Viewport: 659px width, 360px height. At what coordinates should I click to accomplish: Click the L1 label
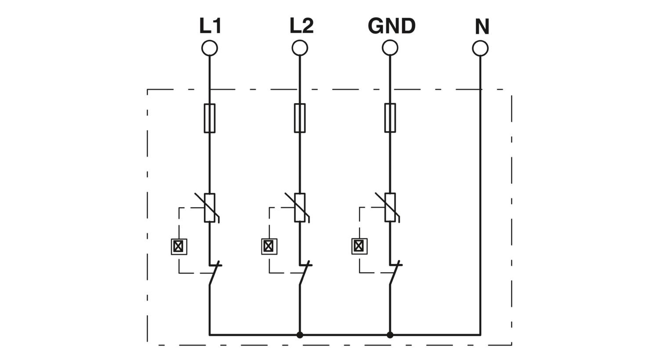coord(210,26)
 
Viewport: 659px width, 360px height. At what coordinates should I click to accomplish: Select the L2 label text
coord(301,26)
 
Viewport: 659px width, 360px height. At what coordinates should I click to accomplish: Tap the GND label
coord(391,26)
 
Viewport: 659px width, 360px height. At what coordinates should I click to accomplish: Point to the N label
coord(482,27)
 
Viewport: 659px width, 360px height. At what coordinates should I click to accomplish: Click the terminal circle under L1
coord(210,48)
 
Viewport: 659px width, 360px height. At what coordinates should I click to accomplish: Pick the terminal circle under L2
coord(300,48)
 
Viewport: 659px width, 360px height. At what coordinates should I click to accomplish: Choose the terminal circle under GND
coord(390,48)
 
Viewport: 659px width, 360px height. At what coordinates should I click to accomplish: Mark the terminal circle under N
coord(481,48)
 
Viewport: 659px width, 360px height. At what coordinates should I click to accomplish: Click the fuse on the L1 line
coord(210,118)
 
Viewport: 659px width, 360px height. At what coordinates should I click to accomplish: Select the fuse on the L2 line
coord(300,118)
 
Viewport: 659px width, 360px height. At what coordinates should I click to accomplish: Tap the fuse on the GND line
coord(390,118)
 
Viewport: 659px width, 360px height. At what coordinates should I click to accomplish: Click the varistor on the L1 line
coord(210,208)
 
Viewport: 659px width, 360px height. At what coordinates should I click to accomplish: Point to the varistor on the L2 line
coord(300,208)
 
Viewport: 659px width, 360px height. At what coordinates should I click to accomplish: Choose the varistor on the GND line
coord(390,208)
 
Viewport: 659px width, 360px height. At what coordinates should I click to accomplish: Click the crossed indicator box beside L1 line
coord(179,246)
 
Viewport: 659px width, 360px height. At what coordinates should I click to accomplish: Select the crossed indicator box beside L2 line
coord(269,246)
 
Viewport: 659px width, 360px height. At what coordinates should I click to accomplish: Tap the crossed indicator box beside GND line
coord(359,246)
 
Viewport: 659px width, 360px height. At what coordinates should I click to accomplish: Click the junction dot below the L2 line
coord(300,335)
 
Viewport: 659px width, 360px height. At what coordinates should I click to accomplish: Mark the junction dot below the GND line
coord(390,335)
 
